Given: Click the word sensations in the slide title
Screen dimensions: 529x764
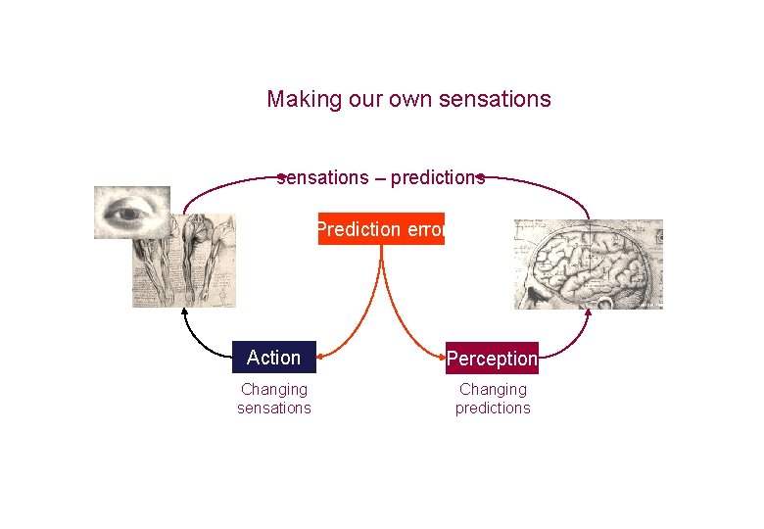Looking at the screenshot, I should (496, 100).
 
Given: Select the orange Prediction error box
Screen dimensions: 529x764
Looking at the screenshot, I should (381, 229).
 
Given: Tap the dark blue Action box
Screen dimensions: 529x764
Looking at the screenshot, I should (274, 358).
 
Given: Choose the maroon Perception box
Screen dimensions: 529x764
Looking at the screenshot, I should (492, 359).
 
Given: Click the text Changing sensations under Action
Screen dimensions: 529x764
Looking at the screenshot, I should (274, 399).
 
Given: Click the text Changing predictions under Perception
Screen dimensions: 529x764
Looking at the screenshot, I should (493, 399).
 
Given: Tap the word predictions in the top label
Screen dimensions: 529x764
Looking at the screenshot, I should (437, 178).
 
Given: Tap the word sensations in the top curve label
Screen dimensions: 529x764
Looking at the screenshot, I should (323, 178).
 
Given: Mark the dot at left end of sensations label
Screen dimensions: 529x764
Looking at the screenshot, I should (280, 177).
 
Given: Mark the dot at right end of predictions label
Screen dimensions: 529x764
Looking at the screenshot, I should (482, 177).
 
